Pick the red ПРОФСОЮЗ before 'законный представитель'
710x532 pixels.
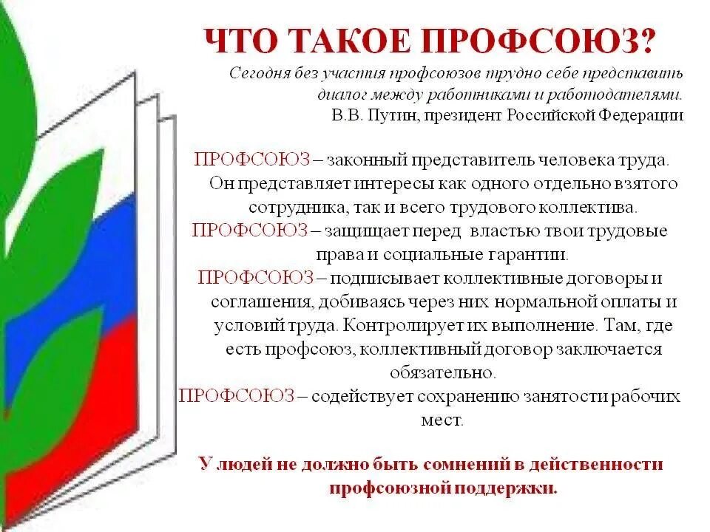click(x=251, y=160)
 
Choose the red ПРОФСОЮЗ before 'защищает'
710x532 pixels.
click(x=250, y=231)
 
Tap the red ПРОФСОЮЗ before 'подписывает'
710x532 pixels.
click(x=255, y=278)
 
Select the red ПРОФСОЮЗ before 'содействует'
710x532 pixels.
click(x=237, y=396)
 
